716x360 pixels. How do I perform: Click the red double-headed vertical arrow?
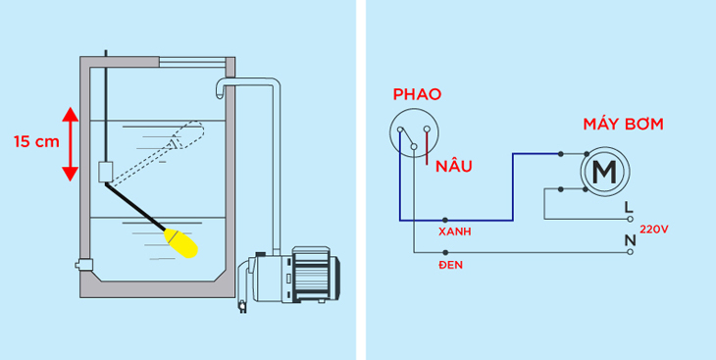(x=70, y=144)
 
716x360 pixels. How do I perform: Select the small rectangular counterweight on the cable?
(x=107, y=172)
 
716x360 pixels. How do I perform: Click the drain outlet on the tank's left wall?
(x=81, y=264)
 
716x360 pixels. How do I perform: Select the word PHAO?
(x=417, y=94)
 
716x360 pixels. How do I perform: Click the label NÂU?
(x=454, y=166)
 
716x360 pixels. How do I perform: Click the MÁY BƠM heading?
(x=623, y=125)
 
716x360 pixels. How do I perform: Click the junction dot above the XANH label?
(x=446, y=220)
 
